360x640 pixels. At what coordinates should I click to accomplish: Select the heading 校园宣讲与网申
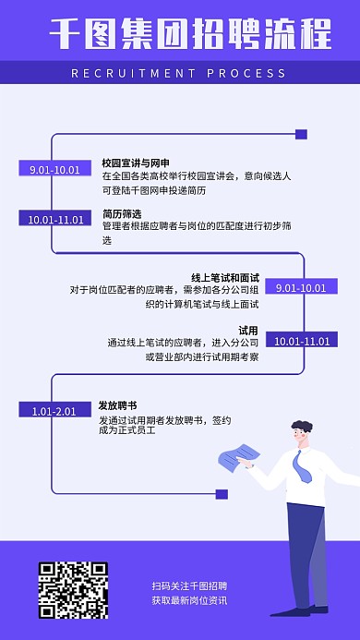coord(136,163)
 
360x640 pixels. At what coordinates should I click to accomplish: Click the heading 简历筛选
coord(122,213)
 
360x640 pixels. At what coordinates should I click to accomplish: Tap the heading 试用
coord(248,330)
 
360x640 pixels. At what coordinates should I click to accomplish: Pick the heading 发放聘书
coord(118,405)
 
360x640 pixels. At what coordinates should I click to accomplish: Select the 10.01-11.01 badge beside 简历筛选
coord(55,220)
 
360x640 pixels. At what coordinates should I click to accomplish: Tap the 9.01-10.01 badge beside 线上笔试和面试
coord(301,288)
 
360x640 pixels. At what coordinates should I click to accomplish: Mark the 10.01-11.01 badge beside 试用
coord(302,341)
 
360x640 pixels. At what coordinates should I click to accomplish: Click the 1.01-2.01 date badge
coord(54,410)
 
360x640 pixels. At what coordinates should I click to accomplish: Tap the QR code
coord(73,589)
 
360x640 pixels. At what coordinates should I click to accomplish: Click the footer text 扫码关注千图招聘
coord(189,586)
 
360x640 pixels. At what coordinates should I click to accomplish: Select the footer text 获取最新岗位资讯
coord(189,600)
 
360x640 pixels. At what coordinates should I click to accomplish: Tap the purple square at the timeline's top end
coord(301,135)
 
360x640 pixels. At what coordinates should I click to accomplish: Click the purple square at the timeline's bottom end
coord(221,494)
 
